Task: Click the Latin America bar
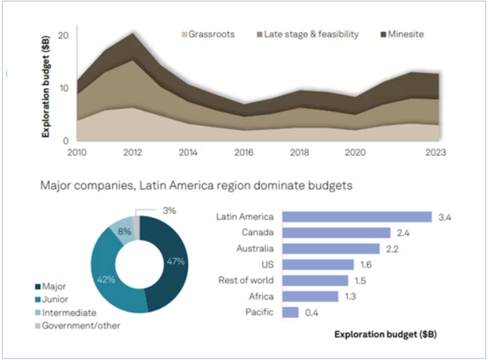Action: [x=356, y=217]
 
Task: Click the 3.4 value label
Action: [x=444, y=217]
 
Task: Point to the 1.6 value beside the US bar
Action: [x=366, y=264]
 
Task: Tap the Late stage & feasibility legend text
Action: [x=311, y=34]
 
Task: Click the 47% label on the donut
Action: [x=175, y=262]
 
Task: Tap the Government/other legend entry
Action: [x=81, y=325]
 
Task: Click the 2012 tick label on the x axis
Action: [x=132, y=153]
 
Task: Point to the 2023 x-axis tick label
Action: [x=435, y=153]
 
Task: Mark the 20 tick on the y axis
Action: [x=63, y=35]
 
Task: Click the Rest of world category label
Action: [x=246, y=280]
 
